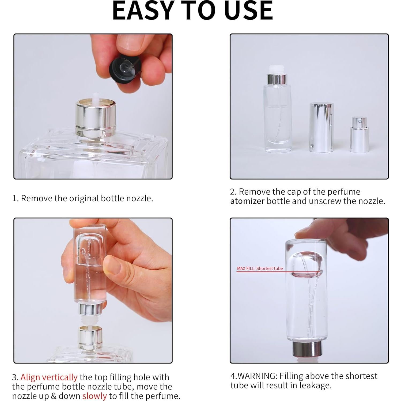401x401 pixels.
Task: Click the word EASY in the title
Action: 142,11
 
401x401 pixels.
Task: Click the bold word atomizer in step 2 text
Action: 247,201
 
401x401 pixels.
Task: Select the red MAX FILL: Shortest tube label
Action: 260,268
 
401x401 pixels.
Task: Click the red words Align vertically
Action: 49,377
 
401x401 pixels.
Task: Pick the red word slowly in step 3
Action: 94,396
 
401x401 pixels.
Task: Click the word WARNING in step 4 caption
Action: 257,376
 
